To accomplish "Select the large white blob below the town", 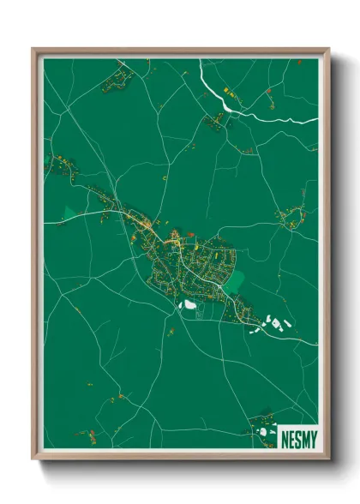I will pos(189,303).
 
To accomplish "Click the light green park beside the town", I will pos(234,279).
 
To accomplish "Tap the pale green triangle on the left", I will pos(69,212).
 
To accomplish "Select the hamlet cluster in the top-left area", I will pos(117,81).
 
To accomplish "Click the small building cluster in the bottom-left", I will pos(86,434).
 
